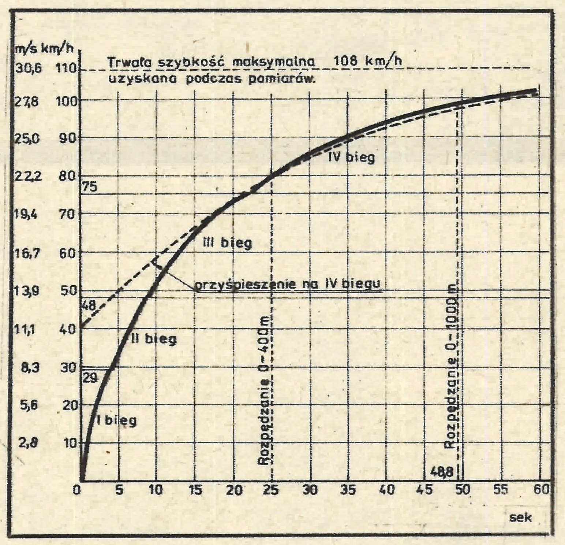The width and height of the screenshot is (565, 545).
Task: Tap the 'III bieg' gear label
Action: click(227, 242)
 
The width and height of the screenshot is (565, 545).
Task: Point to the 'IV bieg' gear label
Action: click(352, 157)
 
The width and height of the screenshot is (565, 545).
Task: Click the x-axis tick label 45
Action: click(424, 490)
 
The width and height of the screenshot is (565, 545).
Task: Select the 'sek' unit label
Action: click(520, 518)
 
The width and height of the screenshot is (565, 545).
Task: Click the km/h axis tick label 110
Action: click(66, 69)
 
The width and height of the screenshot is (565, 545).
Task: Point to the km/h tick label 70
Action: click(67, 214)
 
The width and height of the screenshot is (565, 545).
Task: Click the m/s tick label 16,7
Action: click(26, 253)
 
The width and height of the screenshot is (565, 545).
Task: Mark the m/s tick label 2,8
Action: click(28, 443)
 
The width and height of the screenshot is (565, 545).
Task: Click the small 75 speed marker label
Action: click(89, 187)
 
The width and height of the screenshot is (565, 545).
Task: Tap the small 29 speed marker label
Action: click(90, 378)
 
